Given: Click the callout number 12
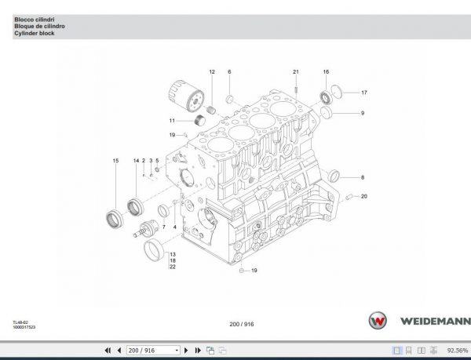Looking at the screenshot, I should (211, 72).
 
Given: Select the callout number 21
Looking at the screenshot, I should (296, 72).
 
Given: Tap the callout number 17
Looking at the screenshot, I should (363, 93).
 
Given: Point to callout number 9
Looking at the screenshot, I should (363, 114).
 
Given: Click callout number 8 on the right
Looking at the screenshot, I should (363, 178).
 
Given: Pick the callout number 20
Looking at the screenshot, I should (363, 196).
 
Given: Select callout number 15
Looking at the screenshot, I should (115, 161).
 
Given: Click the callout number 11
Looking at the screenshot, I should (171, 120).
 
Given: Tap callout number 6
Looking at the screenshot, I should (229, 72).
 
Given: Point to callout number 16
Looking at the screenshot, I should (326, 72).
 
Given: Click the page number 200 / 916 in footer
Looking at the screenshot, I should (241, 324).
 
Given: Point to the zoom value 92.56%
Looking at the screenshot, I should (457, 350).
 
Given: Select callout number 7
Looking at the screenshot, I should (153, 227).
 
